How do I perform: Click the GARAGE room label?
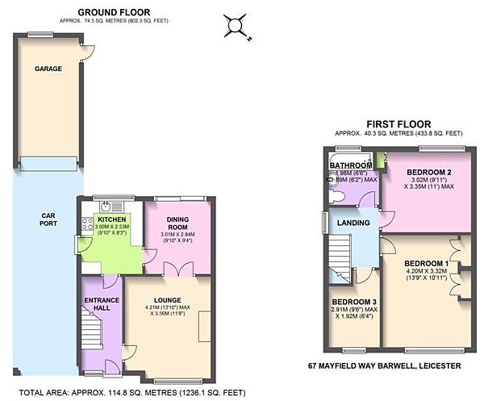point(48,69)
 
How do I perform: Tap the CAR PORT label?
point(48,221)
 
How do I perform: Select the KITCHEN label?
point(113,219)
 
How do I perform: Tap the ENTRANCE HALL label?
point(102,305)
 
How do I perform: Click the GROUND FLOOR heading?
point(115,12)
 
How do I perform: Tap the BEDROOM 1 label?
point(427,264)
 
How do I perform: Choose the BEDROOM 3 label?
point(354,302)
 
